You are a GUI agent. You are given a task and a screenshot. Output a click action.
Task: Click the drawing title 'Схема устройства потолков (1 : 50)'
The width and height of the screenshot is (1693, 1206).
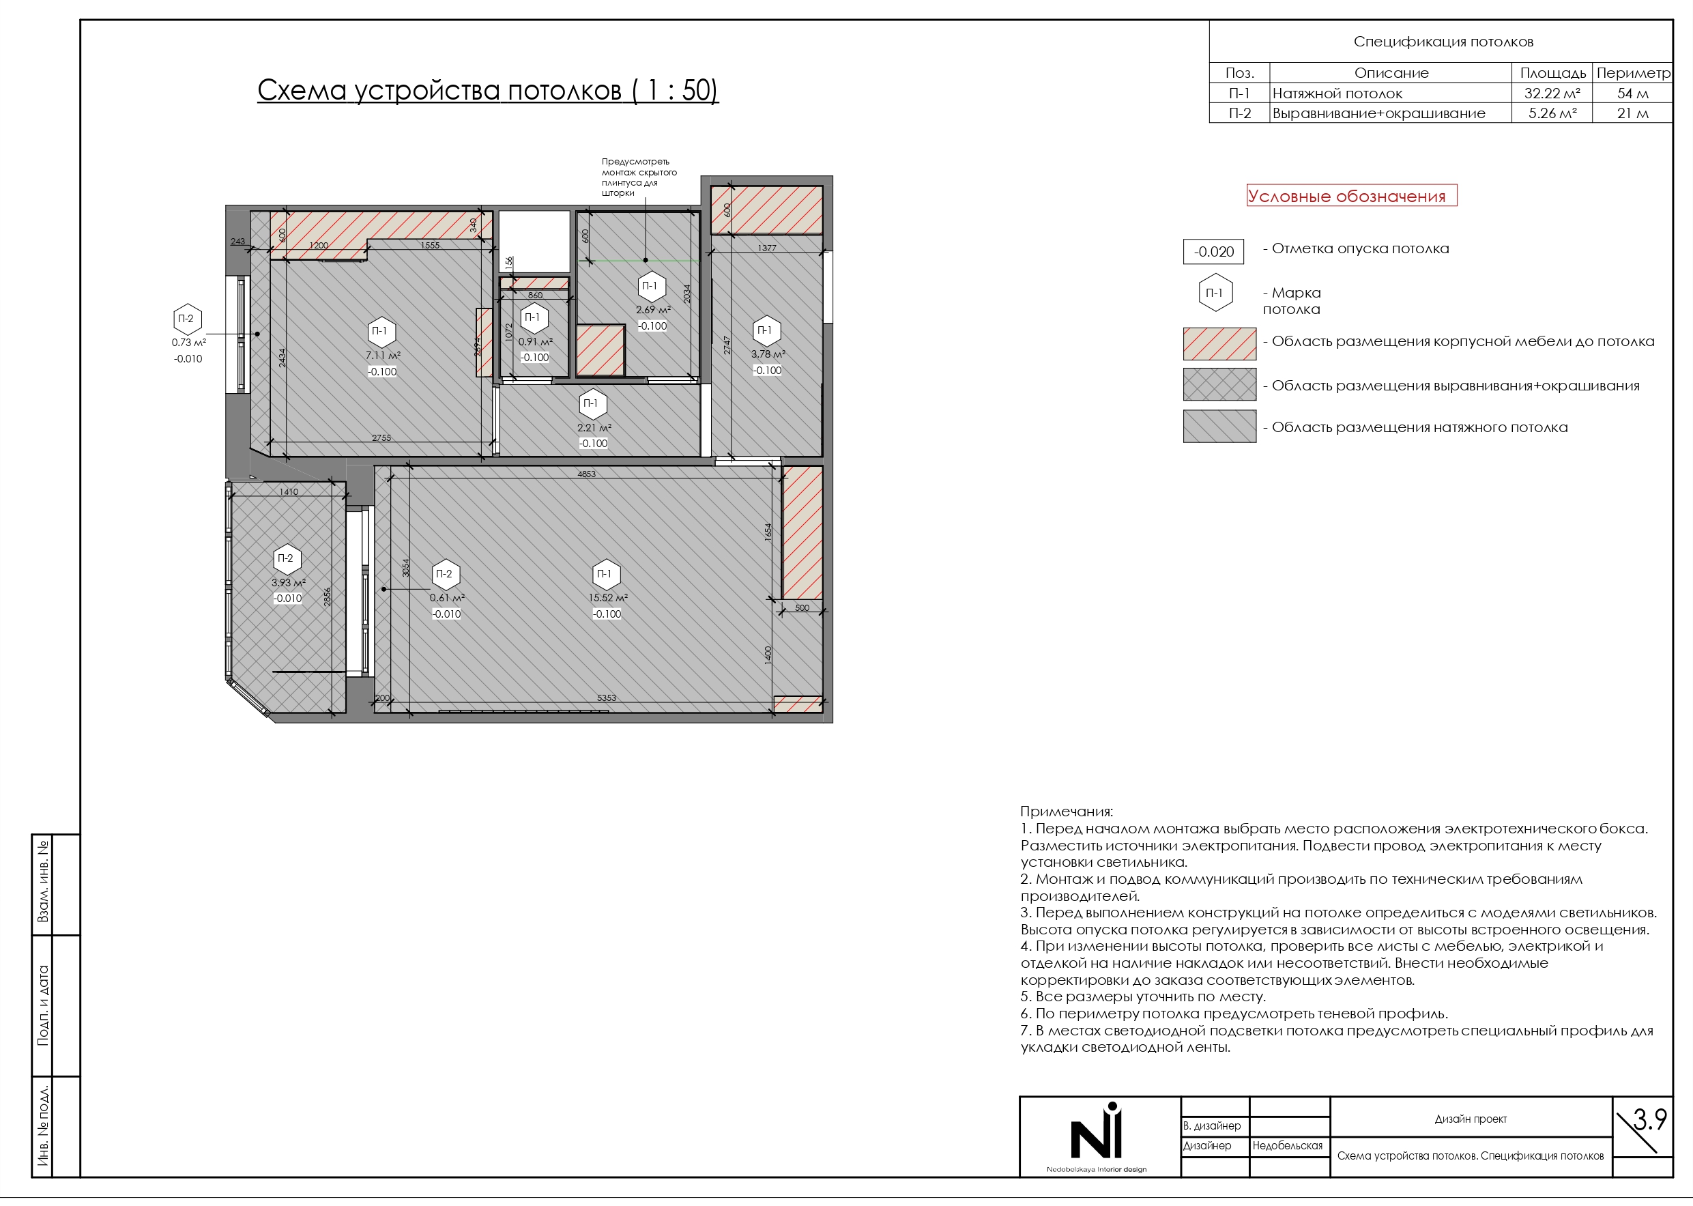(488, 91)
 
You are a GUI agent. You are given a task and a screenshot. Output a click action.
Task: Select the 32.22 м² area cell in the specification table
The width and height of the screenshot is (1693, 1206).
(1552, 94)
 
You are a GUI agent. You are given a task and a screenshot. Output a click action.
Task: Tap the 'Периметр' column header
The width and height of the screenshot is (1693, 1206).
(1633, 73)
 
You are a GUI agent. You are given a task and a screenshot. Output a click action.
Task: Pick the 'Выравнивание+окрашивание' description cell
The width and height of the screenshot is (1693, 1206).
(1379, 113)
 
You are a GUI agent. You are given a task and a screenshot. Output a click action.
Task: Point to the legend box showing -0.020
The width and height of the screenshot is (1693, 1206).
(1213, 252)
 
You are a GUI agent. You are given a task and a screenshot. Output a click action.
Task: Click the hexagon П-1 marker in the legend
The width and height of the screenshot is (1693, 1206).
(1215, 293)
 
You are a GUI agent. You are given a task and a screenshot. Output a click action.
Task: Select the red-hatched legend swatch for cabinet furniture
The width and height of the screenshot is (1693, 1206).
(1219, 344)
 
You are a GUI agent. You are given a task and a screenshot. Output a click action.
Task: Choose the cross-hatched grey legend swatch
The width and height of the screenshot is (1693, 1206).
(1219, 385)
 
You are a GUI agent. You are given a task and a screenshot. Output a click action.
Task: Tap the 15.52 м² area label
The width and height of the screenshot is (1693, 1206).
(608, 598)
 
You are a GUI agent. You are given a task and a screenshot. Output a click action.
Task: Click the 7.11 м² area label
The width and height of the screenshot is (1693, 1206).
(382, 356)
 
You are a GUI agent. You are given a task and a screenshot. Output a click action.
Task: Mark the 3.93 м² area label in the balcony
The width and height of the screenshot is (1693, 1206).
(288, 583)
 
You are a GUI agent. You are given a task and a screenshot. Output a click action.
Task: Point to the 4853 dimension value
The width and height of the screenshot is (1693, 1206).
(587, 474)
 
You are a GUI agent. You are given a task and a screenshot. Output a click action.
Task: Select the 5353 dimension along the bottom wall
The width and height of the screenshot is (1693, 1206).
(607, 698)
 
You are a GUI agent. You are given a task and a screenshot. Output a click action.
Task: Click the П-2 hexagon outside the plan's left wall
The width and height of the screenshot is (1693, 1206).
(187, 319)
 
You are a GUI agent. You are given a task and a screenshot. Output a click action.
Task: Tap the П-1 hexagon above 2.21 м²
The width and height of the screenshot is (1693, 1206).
(592, 404)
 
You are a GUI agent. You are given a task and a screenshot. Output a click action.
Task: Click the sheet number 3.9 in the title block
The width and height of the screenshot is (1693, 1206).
(1650, 1119)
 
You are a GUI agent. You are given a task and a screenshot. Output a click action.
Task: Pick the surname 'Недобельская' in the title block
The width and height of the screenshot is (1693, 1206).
(1288, 1146)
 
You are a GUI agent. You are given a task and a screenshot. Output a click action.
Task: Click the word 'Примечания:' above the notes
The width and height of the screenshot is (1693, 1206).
(1067, 812)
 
